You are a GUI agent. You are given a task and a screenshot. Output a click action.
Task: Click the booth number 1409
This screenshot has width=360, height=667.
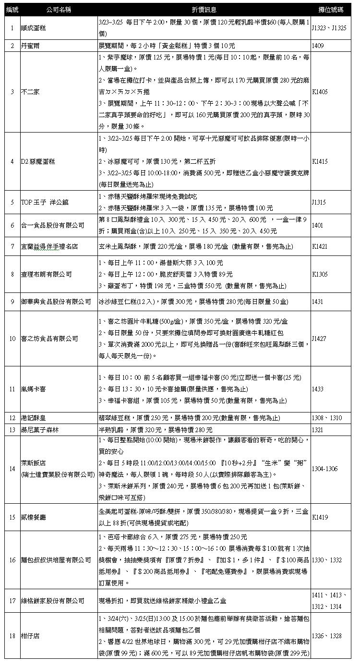318,46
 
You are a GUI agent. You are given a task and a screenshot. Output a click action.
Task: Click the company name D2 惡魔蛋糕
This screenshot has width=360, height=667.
40,161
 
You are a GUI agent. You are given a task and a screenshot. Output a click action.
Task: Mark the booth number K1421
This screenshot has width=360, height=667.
320,246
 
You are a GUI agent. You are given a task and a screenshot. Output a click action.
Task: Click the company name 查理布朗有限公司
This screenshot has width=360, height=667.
47,274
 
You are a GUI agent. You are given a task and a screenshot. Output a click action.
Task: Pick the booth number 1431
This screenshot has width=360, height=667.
318,302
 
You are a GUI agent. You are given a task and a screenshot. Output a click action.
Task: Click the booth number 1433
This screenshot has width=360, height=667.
318,388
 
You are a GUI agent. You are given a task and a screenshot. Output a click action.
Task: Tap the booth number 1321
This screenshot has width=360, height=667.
318,429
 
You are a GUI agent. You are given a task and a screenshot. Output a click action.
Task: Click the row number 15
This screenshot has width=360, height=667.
12,517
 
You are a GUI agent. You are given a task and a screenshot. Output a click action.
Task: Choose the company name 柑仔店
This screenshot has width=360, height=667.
31,636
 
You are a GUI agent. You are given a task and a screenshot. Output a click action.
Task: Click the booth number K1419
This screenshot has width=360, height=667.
320,517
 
